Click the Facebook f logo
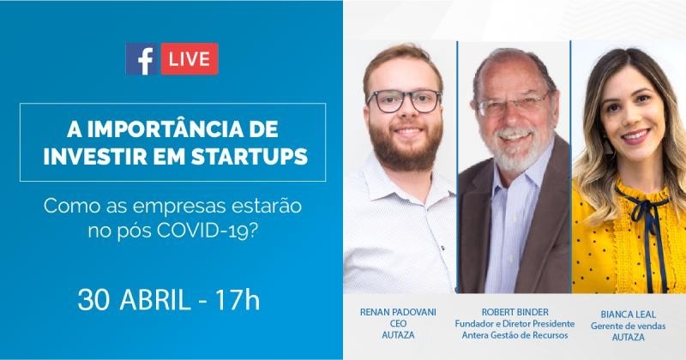click(x=142, y=59)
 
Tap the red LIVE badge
click(x=190, y=59)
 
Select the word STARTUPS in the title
click(x=250, y=157)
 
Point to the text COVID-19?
click(x=206, y=230)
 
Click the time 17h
click(x=238, y=300)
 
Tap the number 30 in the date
click(x=93, y=300)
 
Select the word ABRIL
click(x=155, y=300)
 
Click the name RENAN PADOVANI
click(x=398, y=312)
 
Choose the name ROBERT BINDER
click(x=515, y=312)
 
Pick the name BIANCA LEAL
click(x=628, y=315)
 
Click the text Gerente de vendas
click(x=628, y=326)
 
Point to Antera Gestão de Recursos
click(x=515, y=335)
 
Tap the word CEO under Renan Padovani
click(x=398, y=324)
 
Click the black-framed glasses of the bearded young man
click(x=404, y=101)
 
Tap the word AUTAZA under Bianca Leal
click(x=628, y=337)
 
